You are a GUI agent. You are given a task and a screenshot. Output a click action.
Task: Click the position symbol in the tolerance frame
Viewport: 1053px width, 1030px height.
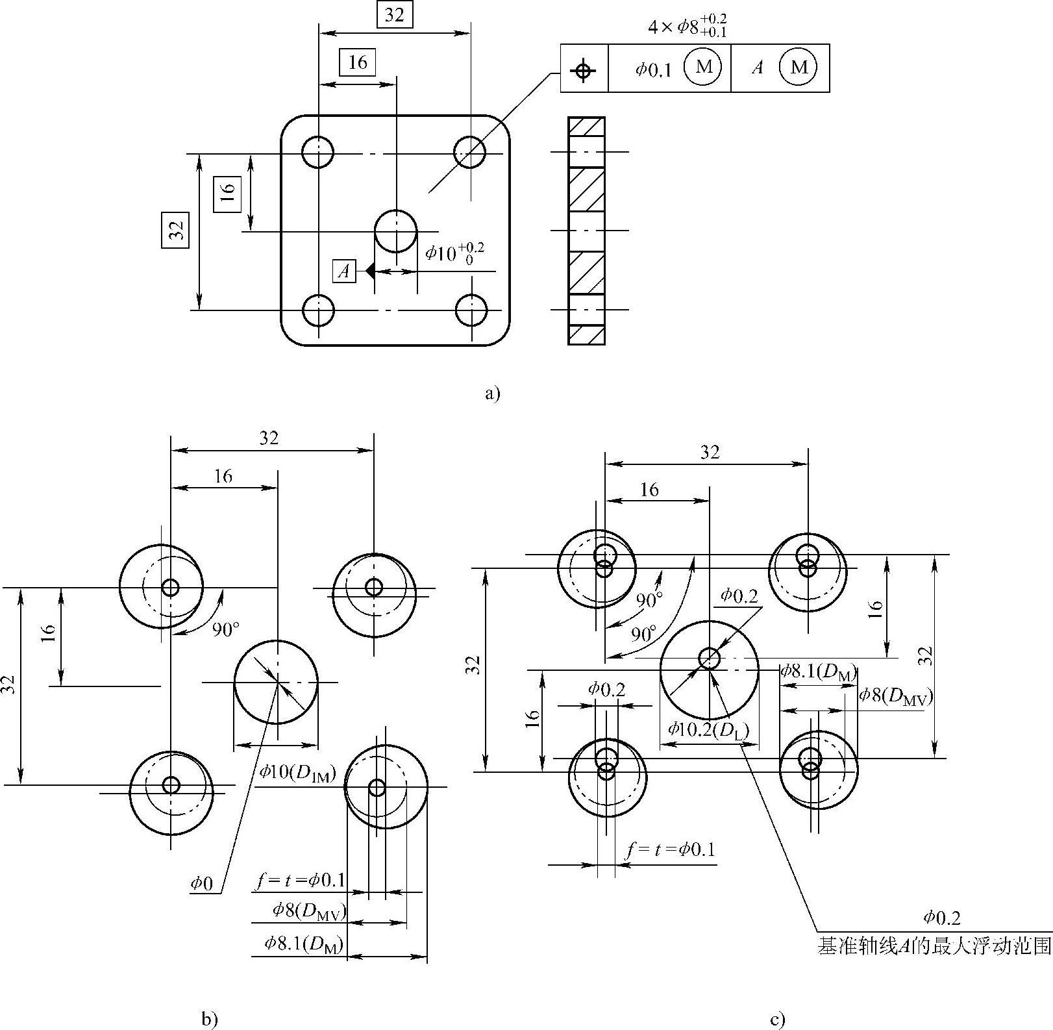[x=584, y=68]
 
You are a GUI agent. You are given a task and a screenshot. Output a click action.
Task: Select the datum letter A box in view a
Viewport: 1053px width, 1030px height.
[x=345, y=270]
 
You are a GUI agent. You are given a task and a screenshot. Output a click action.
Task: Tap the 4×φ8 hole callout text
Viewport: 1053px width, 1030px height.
[x=688, y=26]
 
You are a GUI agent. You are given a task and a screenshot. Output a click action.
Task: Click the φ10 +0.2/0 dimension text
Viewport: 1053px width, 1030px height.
[x=455, y=253]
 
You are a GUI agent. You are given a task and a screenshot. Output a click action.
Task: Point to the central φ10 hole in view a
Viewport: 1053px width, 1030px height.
[x=396, y=231]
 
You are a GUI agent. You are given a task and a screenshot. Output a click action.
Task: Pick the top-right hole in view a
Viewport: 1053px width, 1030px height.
[x=469, y=153]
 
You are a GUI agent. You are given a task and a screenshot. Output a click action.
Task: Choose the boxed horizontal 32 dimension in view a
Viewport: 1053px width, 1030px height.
[x=395, y=15]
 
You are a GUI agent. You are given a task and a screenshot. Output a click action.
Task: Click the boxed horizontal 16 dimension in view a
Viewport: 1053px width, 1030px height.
[x=358, y=62]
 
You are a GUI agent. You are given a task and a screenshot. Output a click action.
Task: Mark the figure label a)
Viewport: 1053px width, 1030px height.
[x=493, y=393]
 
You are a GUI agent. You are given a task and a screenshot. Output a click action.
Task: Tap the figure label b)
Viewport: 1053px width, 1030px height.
[x=209, y=1020]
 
